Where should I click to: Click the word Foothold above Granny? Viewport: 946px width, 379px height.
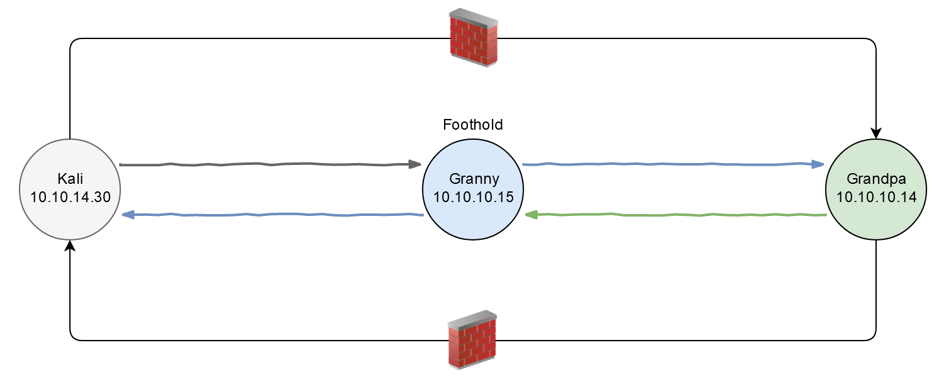[x=473, y=125]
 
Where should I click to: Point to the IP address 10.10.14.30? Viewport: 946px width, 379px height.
[x=70, y=196]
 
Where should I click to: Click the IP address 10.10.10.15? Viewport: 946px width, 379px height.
[x=473, y=196]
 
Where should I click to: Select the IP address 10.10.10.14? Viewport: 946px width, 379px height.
[x=876, y=196]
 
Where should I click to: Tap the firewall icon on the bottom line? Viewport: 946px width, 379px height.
[x=472, y=339]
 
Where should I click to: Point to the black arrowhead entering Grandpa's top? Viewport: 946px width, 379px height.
[x=876, y=133]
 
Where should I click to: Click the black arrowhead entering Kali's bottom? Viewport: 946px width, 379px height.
[x=70, y=246]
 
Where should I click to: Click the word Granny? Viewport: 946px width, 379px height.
[x=473, y=178]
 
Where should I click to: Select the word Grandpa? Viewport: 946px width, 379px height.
[x=876, y=178]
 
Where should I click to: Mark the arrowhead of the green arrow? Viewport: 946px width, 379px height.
[x=531, y=215]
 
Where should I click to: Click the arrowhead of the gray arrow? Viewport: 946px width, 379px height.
[x=414, y=165]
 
